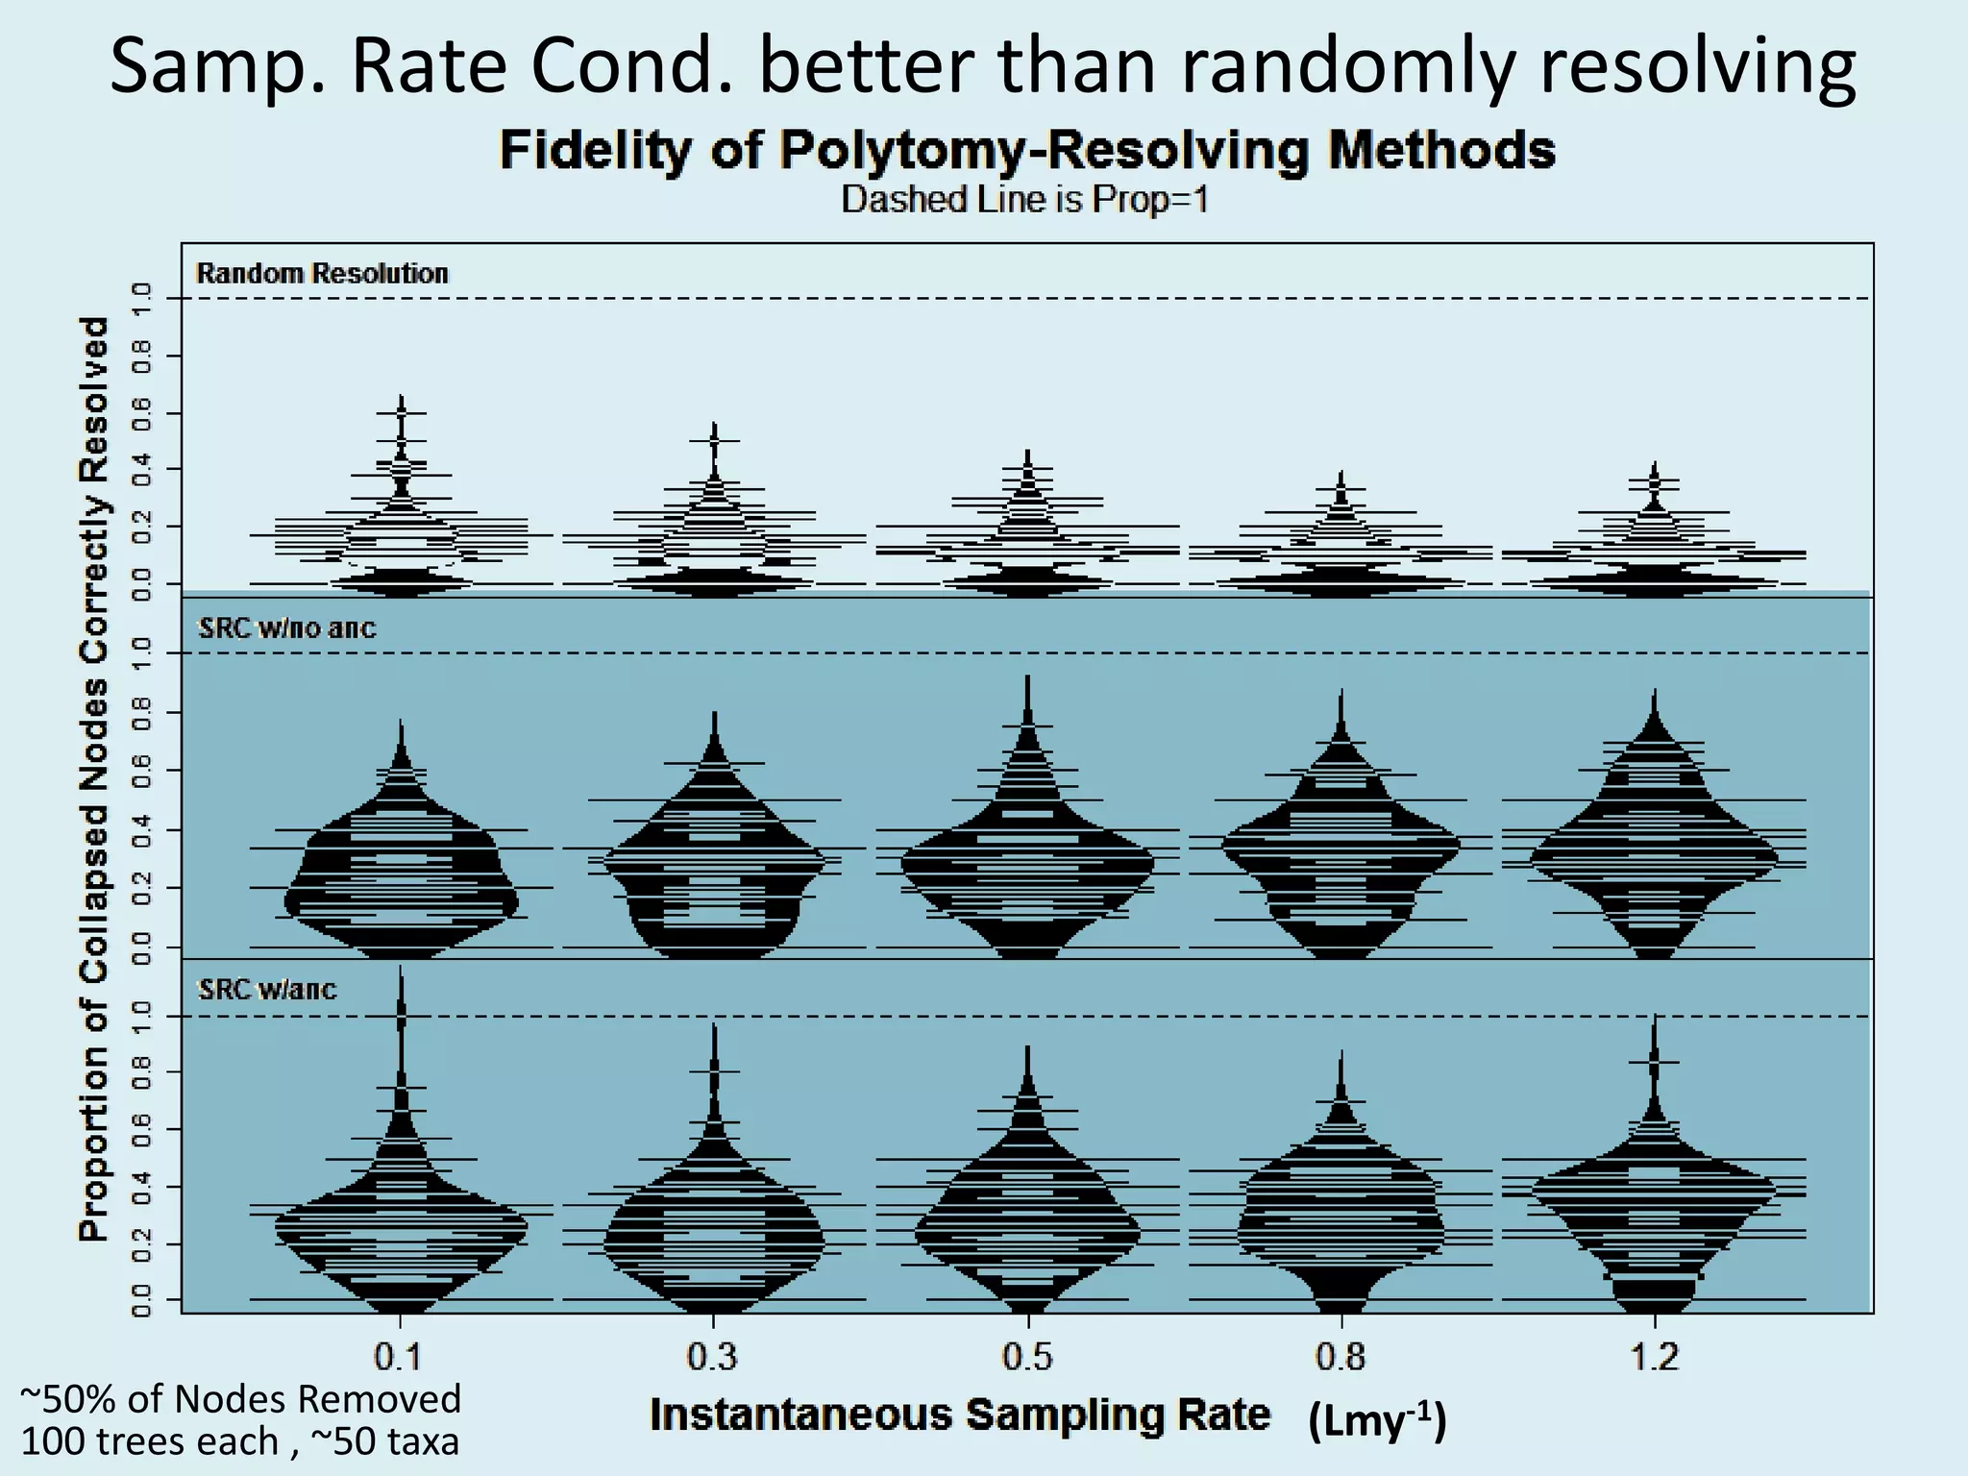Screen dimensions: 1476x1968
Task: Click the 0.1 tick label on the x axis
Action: (399, 1357)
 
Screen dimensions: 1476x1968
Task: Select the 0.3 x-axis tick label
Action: (713, 1357)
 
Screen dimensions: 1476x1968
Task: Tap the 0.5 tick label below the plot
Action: (1027, 1357)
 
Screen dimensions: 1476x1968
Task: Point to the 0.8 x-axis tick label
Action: (1341, 1357)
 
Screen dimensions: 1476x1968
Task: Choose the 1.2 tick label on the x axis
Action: (1655, 1357)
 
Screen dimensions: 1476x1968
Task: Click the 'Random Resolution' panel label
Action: (322, 274)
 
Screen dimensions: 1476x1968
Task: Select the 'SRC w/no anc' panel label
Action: (286, 628)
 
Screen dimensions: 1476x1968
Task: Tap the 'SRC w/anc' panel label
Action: (267, 989)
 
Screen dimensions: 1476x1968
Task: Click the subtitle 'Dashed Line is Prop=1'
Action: (1024, 200)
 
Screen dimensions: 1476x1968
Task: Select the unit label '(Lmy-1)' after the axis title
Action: (1376, 1420)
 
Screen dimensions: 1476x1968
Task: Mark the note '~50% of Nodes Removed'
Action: (240, 1399)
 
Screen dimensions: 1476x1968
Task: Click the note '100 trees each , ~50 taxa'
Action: (239, 1441)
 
